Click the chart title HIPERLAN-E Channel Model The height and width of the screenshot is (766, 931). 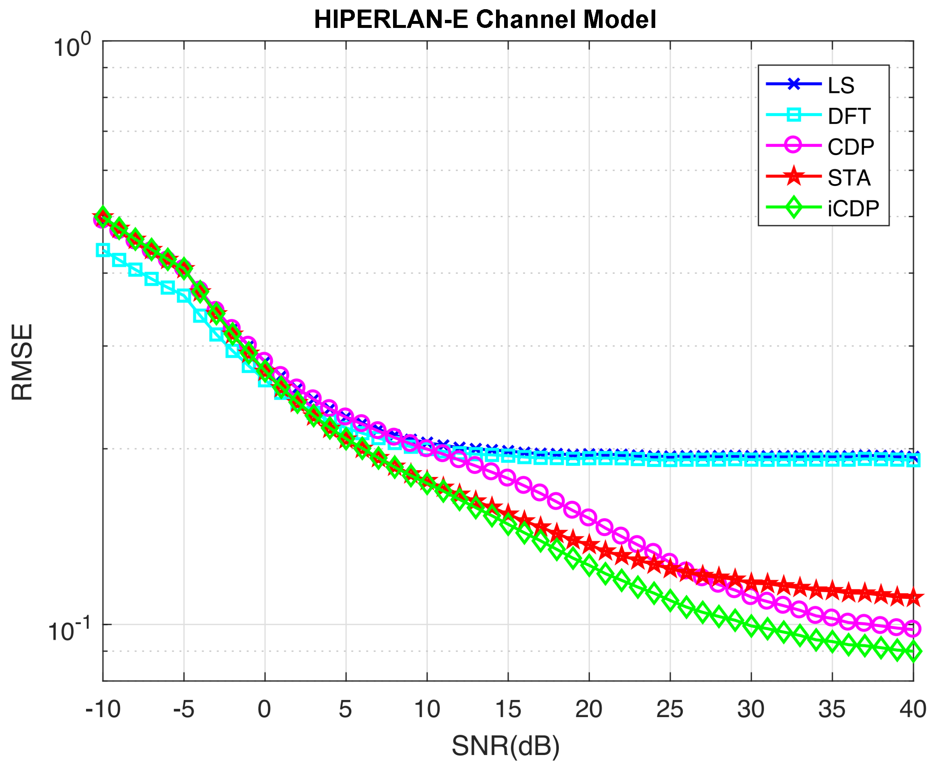pos(485,20)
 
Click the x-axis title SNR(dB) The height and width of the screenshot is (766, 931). pos(506,746)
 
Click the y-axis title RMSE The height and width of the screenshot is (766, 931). pos(22,362)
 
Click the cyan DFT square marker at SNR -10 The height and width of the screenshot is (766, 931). pos(103,250)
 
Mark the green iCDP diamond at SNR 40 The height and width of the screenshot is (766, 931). pos(913,652)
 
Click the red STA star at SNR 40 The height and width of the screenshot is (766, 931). pos(913,597)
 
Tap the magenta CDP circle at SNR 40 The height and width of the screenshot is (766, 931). pos(913,628)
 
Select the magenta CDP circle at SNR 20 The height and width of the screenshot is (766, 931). pos(589,517)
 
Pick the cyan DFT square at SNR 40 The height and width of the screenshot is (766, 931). pos(913,461)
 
